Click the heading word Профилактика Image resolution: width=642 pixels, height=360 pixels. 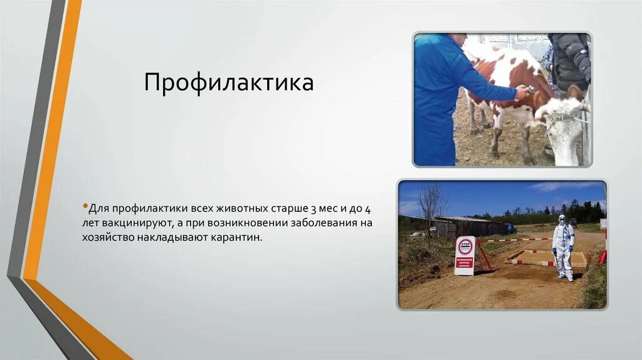228,82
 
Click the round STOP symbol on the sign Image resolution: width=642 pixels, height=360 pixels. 465,246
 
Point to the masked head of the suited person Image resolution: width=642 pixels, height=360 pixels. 562,220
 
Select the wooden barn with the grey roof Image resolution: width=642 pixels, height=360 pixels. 461,226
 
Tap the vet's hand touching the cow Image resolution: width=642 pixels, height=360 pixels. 522,93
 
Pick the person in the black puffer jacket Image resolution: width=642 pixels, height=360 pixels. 569,63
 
